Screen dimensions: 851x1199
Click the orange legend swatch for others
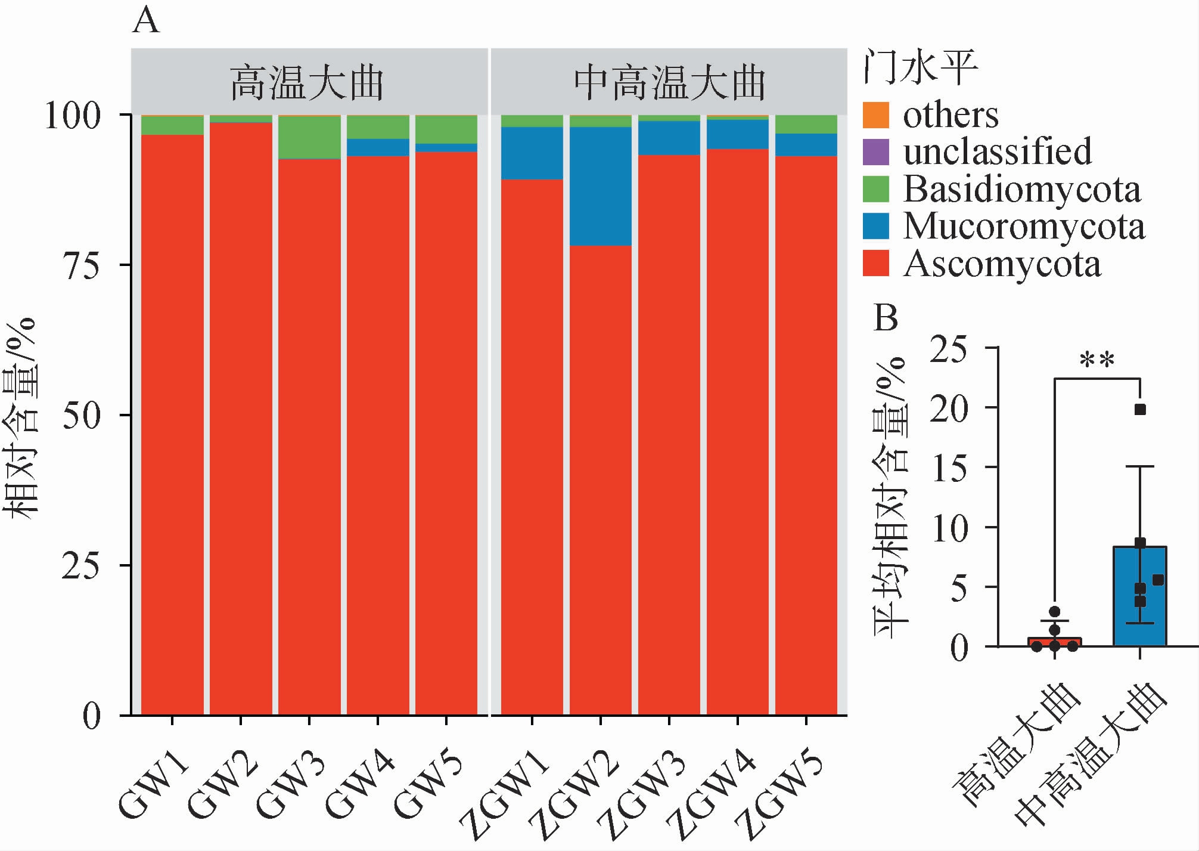click(875, 115)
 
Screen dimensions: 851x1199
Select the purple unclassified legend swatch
click(875, 151)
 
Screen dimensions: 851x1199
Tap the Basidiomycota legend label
click(1021, 190)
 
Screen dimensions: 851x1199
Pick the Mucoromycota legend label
click(1024, 227)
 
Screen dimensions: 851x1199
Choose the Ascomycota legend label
click(1002, 264)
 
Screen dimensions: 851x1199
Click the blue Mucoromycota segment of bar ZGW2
click(600, 186)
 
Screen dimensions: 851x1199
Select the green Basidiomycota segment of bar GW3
click(309, 137)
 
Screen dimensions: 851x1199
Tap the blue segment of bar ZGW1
click(532, 153)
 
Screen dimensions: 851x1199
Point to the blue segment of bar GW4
click(378, 147)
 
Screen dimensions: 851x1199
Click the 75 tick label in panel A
click(81, 265)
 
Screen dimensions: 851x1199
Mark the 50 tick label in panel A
click(81, 416)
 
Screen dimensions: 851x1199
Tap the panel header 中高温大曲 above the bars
click(669, 83)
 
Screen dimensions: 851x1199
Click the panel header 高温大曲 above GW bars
click(307, 83)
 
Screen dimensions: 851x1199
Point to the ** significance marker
click(1097, 361)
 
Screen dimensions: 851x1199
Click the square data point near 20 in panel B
click(1140, 410)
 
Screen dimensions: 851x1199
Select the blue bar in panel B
click(1139, 596)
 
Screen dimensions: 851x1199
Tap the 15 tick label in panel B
click(950, 468)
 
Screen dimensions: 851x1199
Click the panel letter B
click(886, 318)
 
